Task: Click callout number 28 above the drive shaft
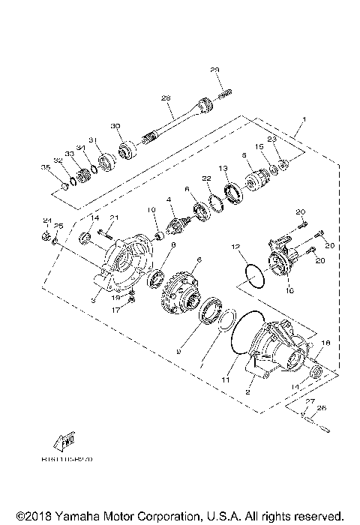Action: pos(166,98)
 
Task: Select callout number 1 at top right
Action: pos(304,120)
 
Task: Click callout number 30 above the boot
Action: pos(115,125)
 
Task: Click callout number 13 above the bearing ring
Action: pos(223,168)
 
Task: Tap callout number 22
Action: pos(204,178)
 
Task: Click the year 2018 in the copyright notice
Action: pos(38,516)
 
